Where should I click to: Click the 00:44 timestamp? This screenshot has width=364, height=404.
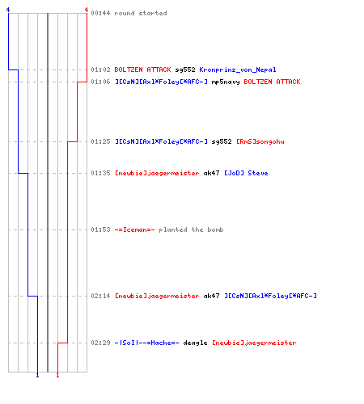click(x=100, y=13)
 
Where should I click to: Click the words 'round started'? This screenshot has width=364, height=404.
click(x=141, y=13)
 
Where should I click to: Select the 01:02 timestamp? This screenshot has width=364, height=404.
click(x=100, y=69)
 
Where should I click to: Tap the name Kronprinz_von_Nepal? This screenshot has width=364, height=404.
click(x=238, y=69)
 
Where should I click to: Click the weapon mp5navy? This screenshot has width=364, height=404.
click(x=226, y=82)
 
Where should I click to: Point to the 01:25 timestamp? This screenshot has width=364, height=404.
click(x=100, y=141)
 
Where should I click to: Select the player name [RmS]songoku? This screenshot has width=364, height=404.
click(x=260, y=141)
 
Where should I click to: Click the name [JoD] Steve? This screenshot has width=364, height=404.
click(x=246, y=173)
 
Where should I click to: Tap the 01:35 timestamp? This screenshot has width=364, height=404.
click(x=100, y=173)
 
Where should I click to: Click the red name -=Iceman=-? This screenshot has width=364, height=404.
click(x=134, y=229)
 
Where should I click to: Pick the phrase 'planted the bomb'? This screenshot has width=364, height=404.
click(x=191, y=229)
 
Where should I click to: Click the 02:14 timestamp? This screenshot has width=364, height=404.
click(x=100, y=296)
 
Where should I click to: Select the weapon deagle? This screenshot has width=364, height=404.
click(x=195, y=343)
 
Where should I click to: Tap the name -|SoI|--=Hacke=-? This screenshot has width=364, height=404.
click(x=146, y=343)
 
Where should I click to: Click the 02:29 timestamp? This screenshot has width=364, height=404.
click(x=100, y=343)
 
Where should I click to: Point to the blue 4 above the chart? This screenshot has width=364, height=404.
click(x=8, y=10)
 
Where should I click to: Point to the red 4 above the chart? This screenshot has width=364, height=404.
click(x=87, y=10)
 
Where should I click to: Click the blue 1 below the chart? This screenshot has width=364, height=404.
click(x=37, y=375)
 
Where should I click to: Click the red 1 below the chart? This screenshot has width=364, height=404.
click(x=57, y=375)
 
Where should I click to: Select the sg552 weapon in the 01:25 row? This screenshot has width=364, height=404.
click(x=222, y=141)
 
